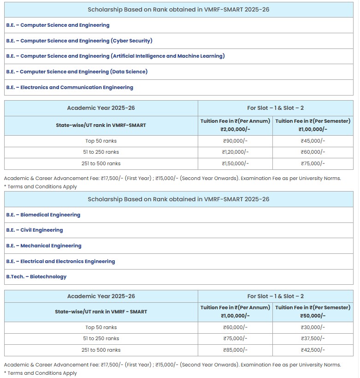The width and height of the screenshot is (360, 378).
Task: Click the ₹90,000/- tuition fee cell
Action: pyautogui.click(x=235, y=141)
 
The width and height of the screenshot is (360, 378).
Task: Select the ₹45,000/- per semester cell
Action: pyautogui.click(x=313, y=141)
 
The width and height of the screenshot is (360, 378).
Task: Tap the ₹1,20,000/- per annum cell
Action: pyautogui.click(x=235, y=152)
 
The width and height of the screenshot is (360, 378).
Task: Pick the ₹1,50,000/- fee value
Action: pyautogui.click(x=235, y=163)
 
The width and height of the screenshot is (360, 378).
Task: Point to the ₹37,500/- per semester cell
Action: pyautogui.click(x=313, y=339)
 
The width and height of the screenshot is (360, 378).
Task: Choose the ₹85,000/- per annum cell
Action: pyautogui.click(x=235, y=350)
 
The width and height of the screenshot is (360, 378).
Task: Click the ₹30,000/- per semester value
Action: pyautogui.click(x=313, y=328)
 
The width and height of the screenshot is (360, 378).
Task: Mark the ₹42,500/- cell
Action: pyautogui.click(x=313, y=350)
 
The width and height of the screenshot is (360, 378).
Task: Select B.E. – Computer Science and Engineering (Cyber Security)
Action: pyautogui.click(x=79, y=41)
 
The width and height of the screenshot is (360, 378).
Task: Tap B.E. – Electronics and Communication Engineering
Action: pyautogui.click(x=70, y=87)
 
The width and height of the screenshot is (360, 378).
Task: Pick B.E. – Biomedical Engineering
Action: pyautogui.click(x=43, y=215)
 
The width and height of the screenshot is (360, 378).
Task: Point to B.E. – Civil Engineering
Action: pyautogui.click(x=35, y=230)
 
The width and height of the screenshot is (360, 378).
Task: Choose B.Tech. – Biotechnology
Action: pyautogui.click(x=36, y=276)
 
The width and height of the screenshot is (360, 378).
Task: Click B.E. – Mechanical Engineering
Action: pyautogui.click(x=44, y=246)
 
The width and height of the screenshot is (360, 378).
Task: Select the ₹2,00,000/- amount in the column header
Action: pyautogui.click(x=235, y=129)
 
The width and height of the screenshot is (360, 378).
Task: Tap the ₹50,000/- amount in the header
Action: pyautogui.click(x=313, y=316)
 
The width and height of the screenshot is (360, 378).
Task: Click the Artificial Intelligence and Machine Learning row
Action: pyautogui.click(x=115, y=56)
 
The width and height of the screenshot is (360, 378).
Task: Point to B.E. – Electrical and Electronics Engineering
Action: pyautogui.click(x=60, y=261)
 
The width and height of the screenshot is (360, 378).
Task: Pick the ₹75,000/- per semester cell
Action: pyautogui.click(x=313, y=163)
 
